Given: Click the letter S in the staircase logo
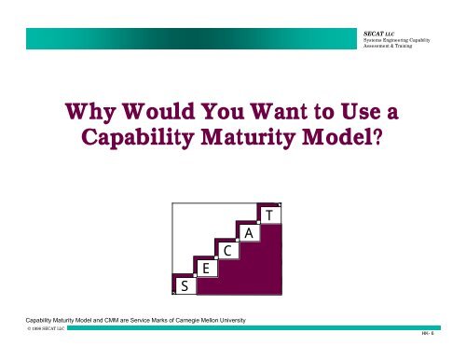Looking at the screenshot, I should pos(185,287).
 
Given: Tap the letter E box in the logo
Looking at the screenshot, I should pos(205,269).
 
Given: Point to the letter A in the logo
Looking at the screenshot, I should pos(248,233).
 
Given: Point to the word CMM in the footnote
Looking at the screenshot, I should pos(109,321).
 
